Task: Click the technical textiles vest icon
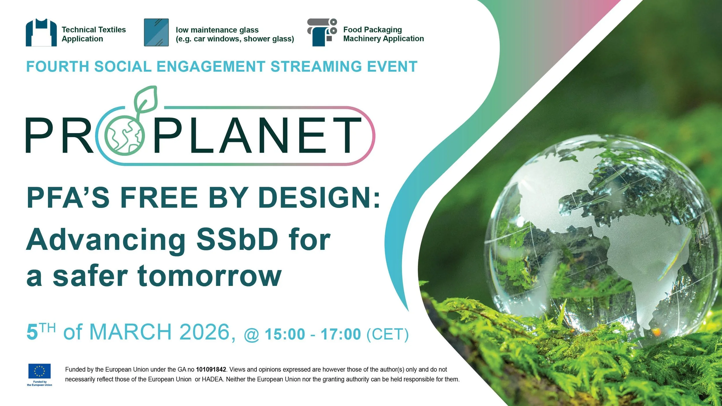(41, 33)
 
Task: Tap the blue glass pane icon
(156, 32)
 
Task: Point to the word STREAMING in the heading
(316, 67)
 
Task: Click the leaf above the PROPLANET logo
(146, 100)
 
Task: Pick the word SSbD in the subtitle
(237, 240)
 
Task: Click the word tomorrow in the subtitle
(209, 276)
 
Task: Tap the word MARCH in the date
(131, 332)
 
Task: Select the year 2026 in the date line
(204, 332)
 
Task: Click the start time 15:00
(285, 334)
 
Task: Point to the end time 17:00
(341, 334)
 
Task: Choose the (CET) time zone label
(388, 334)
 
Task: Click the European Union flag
(40, 371)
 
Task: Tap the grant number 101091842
(211, 370)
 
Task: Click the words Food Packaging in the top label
(372, 30)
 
